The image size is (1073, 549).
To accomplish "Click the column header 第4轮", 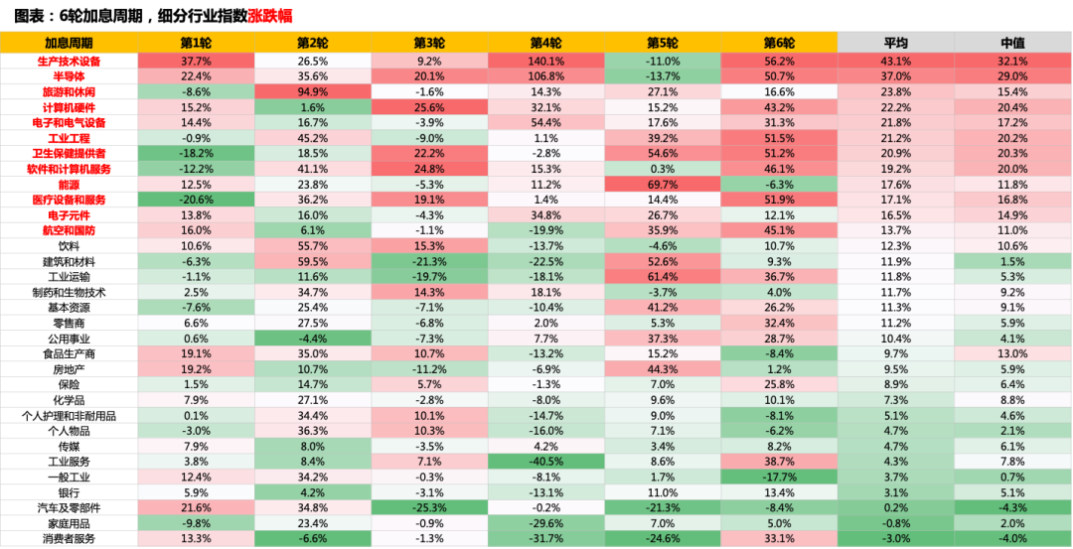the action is [x=546, y=43].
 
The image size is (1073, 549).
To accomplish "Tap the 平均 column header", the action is [x=896, y=43].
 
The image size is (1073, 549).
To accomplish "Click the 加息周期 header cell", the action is [x=70, y=43].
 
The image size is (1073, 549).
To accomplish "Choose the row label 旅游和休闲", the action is [x=70, y=91].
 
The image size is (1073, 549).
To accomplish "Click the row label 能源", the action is [x=70, y=184].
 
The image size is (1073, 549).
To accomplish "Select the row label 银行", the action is [x=70, y=492].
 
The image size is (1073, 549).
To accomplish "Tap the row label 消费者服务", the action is [x=70, y=539].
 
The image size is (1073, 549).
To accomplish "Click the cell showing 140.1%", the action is [x=546, y=61].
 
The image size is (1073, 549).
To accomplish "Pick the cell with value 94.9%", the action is [x=313, y=91].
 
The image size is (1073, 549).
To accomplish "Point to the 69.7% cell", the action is [x=663, y=184].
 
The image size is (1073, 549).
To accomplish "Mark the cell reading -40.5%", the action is [x=546, y=462].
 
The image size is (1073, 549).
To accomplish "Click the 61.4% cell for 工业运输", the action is [x=663, y=276].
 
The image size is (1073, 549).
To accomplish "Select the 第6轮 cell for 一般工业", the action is [x=780, y=477].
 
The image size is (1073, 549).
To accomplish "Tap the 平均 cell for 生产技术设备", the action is [x=896, y=61].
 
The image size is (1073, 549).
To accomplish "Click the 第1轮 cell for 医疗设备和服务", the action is [x=196, y=200].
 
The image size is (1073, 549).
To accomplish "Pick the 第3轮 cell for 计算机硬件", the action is [x=429, y=107].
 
